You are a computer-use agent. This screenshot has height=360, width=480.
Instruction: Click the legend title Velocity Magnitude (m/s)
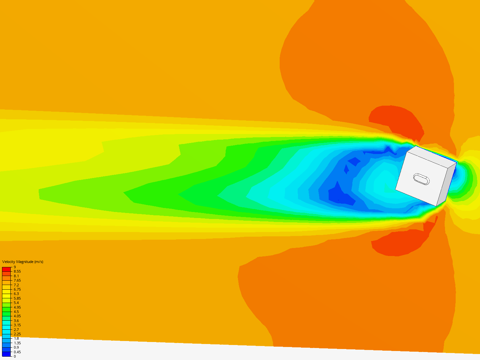(x=23, y=262)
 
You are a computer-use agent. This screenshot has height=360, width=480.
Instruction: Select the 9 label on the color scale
(x=15, y=267)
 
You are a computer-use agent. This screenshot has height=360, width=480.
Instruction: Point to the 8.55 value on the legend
(x=17, y=271)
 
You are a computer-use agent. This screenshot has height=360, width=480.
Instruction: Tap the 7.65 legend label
(x=17, y=280)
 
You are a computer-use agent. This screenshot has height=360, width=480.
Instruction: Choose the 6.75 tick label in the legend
(x=17, y=289)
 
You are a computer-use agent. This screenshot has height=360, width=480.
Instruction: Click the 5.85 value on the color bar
(x=17, y=298)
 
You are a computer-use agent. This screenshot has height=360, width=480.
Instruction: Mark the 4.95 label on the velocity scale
(x=17, y=307)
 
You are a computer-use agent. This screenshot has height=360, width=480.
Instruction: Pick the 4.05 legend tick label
(x=17, y=316)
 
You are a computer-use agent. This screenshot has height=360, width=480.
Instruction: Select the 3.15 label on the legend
(x=17, y=325)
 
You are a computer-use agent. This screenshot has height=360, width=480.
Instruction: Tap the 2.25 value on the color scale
(x=17, y=334)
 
